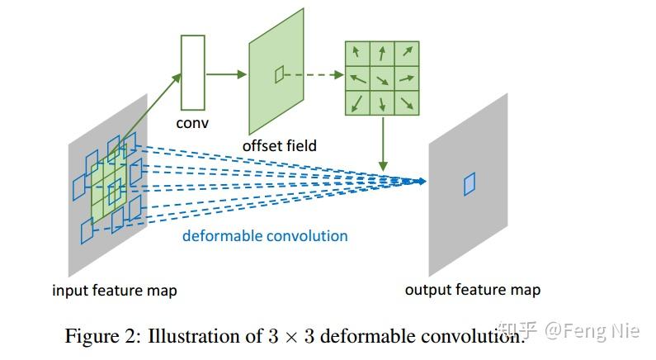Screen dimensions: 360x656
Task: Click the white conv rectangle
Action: pyautogui.click(x=192, y=73)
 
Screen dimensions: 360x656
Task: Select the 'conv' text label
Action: pyautogui.click(x=192, y=123)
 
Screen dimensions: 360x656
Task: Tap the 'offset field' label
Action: pyautogui.click(x=279, y=145)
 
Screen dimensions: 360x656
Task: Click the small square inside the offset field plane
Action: pyautogui.click(x=279, y=75)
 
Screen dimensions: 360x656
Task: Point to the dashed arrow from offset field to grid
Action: pyautogui.click(x=314, y=74)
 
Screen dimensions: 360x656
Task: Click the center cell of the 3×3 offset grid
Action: pyautogui.click(x=381, y=79)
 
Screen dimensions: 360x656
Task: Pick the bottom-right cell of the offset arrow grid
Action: pyautogui.click(x=406, y=103)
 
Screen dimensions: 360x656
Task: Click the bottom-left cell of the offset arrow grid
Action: pyautogui.click(x=356, y=103)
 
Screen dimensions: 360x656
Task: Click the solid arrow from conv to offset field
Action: pyautogui.click(x=226, y=73)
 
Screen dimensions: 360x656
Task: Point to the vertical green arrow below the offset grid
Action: pyautogui.click(x=383, y=144)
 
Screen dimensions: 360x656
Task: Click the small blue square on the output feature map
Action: pyautogui.click(x=470, y=183)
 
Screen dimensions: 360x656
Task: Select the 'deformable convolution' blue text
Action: pyautogui.click(x=265, y=236)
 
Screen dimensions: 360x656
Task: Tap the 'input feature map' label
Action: pyautogui.click(x=115, y=291)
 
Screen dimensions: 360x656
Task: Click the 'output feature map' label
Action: pyautogui.click(x=473, y=290)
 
